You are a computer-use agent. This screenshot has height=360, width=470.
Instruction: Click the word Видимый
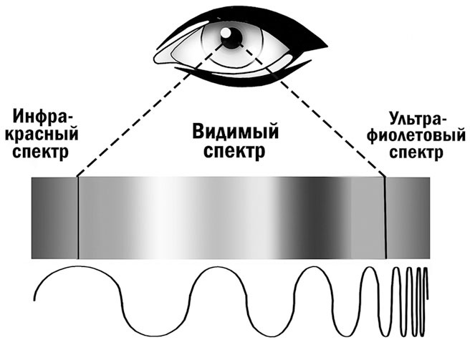(x=236, y=132)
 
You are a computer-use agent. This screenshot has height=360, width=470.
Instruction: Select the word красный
(x=42, y=134)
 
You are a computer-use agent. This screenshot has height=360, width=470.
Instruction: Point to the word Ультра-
(x=416, y=120)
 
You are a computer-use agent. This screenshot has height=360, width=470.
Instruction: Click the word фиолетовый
(x=416, y=136)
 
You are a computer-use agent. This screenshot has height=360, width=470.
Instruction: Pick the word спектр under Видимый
(x=234, y=151)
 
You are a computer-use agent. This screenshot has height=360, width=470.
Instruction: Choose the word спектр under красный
(x=41, y=151)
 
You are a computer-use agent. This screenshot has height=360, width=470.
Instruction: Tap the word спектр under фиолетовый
(x=416, y=152)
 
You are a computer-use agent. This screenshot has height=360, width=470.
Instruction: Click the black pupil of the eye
(x=231, y=38)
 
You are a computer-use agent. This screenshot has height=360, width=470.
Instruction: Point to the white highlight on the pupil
(x=226, y=32)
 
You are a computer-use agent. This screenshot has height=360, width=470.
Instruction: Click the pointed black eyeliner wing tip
(x=327, y=47)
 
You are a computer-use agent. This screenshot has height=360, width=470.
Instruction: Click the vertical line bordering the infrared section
(x=78, y=218)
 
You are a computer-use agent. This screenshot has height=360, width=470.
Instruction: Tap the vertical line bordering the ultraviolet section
(x=385, y=218)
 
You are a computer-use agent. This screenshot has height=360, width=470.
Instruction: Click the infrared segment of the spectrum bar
(x=54, y=218)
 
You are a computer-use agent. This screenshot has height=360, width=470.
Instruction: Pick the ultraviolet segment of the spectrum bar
(x=408, y=218)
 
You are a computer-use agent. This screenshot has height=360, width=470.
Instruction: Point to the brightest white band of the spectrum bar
(x=163, y=218)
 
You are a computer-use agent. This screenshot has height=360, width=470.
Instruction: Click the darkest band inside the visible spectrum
(x=317, y=218)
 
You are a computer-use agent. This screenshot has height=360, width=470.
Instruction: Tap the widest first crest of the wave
(x=79, y=266)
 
